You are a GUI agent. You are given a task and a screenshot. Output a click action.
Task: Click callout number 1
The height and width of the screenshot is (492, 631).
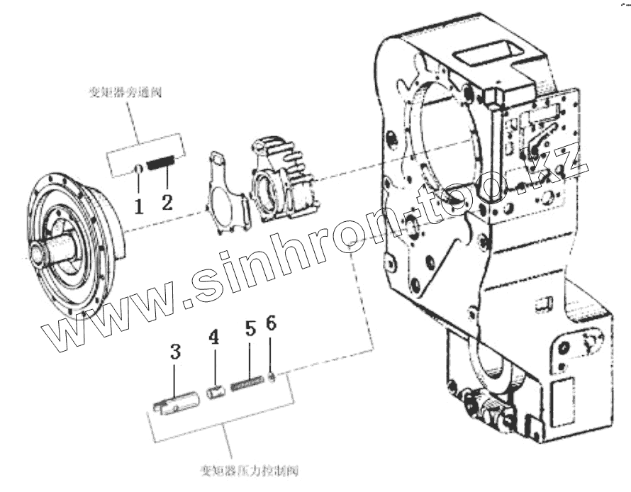tap(139, 206)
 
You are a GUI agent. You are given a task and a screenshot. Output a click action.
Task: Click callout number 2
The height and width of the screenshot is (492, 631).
tap(167, 201)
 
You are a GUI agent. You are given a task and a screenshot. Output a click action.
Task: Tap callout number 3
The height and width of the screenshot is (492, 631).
tap(176, 352)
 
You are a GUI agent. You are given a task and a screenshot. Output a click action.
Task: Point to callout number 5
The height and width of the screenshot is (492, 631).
tap(250, 329)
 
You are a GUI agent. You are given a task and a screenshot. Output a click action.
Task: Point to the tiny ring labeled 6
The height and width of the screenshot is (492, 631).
tap(273, 375)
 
